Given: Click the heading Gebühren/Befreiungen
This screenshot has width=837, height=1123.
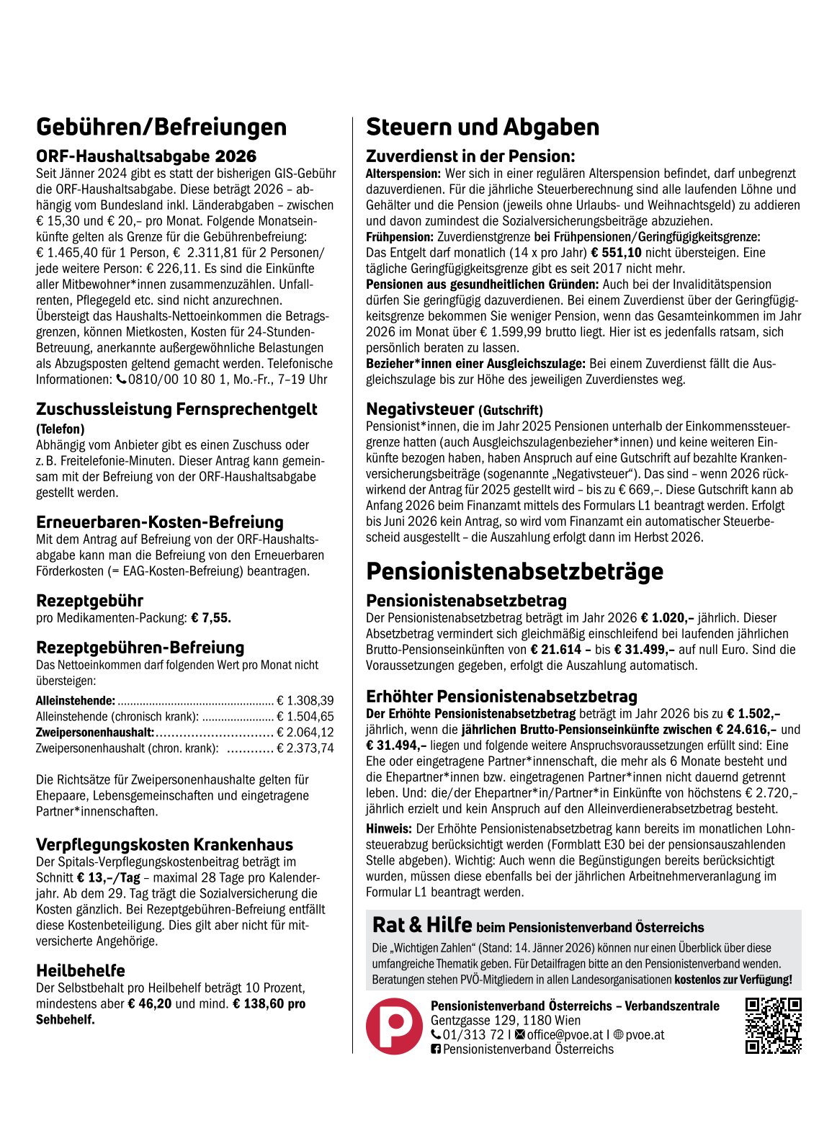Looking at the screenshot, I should point(161,127).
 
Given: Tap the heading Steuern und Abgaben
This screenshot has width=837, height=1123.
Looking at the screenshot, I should point(483,127).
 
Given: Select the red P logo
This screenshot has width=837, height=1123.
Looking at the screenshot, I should point(394,1026).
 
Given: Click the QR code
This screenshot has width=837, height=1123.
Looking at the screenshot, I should point(773,1026).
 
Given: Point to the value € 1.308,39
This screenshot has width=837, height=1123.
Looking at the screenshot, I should point(305,700).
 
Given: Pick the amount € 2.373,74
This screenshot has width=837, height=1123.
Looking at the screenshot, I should point(305,748).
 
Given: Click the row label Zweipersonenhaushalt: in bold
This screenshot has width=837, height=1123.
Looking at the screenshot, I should point(95,733).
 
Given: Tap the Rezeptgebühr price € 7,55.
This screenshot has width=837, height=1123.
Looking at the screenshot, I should point(211,618).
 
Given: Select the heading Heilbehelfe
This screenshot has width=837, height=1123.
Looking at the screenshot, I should point(81,970).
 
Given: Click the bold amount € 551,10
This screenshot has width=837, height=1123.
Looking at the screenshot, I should point(616,253).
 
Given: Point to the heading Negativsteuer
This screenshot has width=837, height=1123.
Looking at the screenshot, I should point(420,409).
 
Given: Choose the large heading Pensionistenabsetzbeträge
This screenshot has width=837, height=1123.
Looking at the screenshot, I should point(514,571).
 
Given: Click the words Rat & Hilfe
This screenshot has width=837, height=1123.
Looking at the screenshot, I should point(422,925).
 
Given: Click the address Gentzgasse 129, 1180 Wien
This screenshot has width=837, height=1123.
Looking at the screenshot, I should point(505,1020).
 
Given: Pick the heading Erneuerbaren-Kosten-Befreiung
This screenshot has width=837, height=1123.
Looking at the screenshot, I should point(160,522).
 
